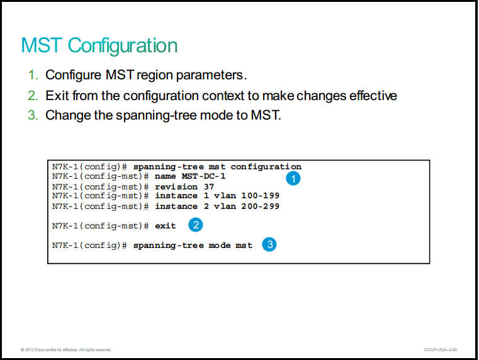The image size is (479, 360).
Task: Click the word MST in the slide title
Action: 42,45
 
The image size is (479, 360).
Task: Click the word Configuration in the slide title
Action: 123,46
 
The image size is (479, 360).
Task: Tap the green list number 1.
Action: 33,75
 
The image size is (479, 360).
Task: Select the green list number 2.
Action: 33,96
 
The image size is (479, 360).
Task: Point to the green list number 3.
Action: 33,115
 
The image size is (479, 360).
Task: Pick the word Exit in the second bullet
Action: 57,96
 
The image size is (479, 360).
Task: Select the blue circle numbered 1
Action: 293,178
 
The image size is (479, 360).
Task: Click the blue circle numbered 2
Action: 196,225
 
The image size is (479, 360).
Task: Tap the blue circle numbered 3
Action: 269,244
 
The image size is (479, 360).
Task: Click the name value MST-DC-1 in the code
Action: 203,176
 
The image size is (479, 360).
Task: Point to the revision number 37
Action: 209,186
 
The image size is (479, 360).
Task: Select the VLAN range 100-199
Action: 261,196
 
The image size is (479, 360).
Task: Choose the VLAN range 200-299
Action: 261,206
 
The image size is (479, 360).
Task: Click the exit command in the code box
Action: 166,226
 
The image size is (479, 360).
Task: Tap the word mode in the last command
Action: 220,245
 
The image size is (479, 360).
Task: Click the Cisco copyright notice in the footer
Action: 66,350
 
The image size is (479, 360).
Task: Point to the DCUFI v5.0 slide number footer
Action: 440,350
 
